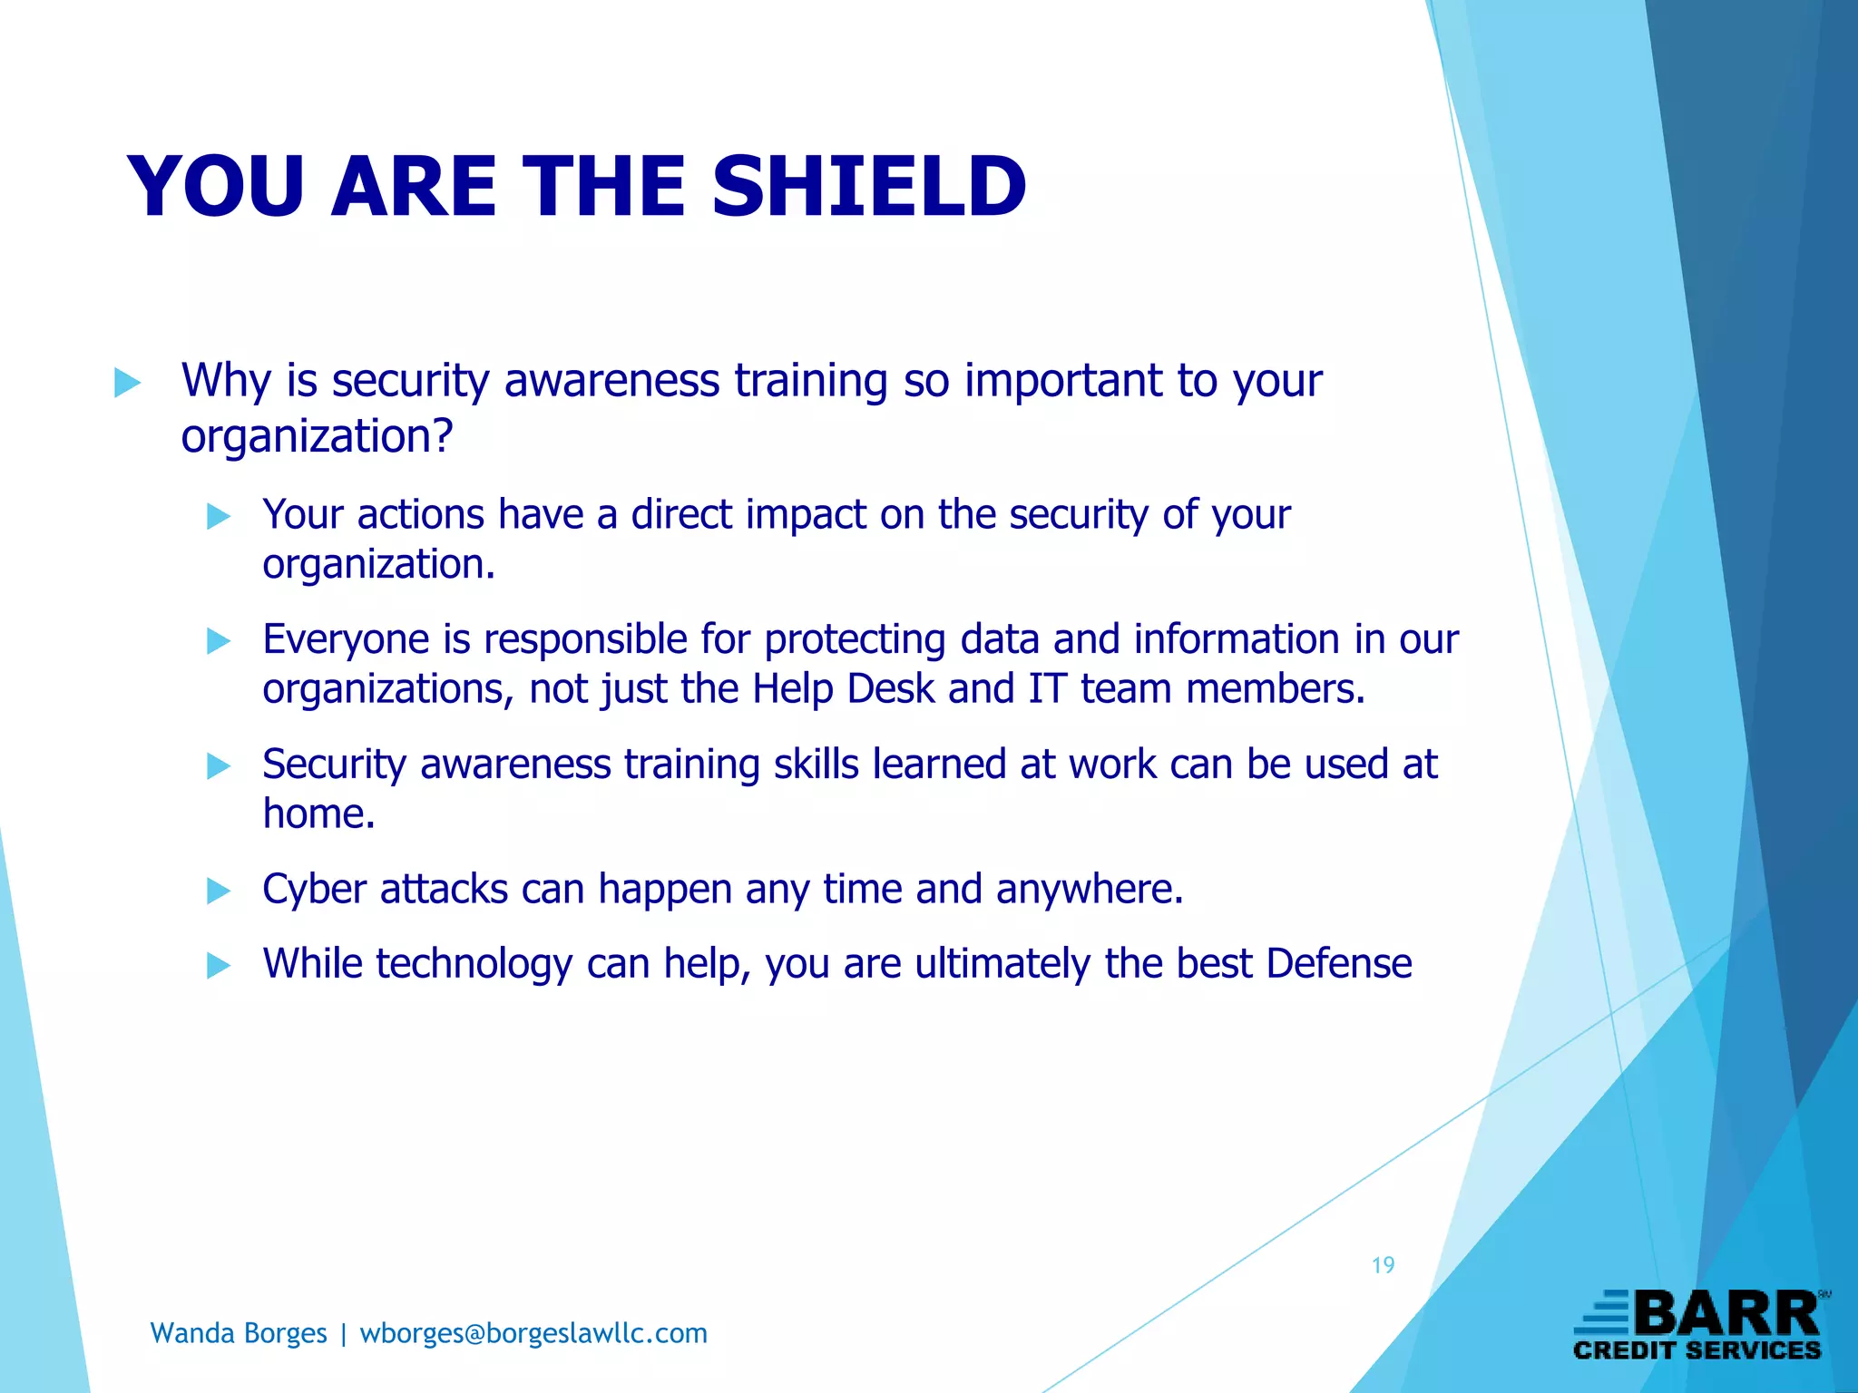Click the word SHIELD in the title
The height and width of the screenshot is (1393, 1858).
click(868, 187)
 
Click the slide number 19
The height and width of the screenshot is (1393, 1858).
click(1383, 1265)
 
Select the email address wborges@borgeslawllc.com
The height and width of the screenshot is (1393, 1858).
click(533, 1333)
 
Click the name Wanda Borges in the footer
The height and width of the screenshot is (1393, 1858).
click(239, 1333)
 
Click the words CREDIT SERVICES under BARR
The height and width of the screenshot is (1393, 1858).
click(1697, 1350)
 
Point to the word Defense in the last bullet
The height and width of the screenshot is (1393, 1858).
click(1339, 963)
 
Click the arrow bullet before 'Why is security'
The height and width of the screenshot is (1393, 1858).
click(128, 383)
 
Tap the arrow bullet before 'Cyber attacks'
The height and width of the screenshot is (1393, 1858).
click(219, 891)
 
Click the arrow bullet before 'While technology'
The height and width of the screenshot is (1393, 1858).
click(219, 966)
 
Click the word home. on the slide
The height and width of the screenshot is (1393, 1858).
click(318, 813)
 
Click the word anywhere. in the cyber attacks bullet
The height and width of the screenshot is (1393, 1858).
click(1090, 890)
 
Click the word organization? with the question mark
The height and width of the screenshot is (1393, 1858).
click(317, 437)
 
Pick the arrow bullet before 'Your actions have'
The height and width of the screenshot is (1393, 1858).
click(219, 517)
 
